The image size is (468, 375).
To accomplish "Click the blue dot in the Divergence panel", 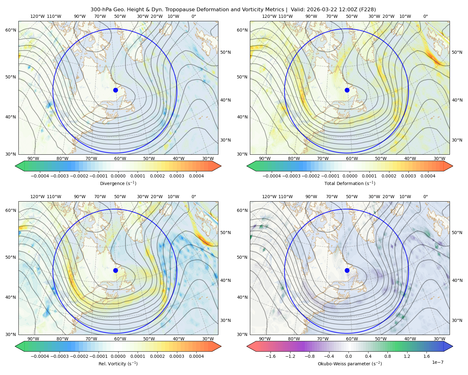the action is coord(115,90).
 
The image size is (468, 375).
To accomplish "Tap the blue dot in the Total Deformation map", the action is coord(347,90).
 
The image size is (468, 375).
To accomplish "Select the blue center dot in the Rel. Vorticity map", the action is coord(115,270).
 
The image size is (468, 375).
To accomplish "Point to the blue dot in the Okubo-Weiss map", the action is coord(347,270).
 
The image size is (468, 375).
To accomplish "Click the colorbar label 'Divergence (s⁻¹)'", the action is coord(118,183).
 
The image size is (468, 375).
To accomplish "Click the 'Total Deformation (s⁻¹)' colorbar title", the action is coord(350,183).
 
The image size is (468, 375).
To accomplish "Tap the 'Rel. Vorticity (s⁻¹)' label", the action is coord(118,364).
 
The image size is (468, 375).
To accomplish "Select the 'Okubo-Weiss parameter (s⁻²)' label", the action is coord(350,364).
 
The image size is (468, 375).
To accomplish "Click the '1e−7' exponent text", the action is coord(437,362).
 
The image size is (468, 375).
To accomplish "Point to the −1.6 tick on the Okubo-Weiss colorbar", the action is coord(271,356).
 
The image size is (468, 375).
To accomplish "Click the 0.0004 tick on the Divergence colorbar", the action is coord(196,176).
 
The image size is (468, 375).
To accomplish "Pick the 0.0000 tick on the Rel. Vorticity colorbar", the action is coord(118,356).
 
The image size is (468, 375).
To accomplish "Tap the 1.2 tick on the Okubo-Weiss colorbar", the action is coord(407,356).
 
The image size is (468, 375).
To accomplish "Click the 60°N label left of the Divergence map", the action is coord(11,30).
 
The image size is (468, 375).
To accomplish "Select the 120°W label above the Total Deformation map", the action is coord(269,16).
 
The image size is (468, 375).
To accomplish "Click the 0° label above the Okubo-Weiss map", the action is coord(425,197).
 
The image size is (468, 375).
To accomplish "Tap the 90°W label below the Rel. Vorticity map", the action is coord(33,339).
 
